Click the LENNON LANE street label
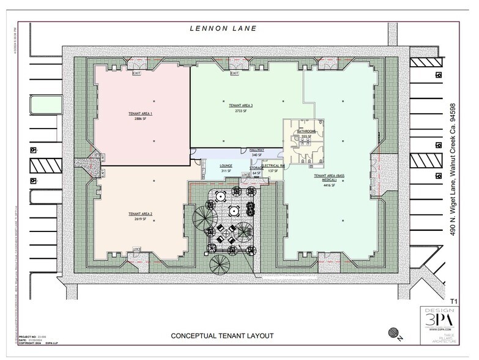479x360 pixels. [223, 28]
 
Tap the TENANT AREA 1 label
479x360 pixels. [140, 114]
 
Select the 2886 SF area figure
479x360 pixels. [140, 119]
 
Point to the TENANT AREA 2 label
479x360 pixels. [140, 213]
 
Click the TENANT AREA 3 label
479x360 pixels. [240, 106]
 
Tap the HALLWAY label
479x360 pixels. [256, 150]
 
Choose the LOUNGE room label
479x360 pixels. [226, 166]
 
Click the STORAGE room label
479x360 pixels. [256, 168]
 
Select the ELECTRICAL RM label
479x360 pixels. [273, 165]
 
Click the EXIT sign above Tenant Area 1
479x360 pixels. [136, 73]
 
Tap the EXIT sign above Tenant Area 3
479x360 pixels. [234, 73]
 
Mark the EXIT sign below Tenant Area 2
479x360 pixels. [136, 249]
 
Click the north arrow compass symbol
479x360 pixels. [392, 333]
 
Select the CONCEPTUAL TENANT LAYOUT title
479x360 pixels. [221, 336]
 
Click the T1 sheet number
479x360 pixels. [453, 301]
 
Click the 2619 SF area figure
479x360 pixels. [140, 218]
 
